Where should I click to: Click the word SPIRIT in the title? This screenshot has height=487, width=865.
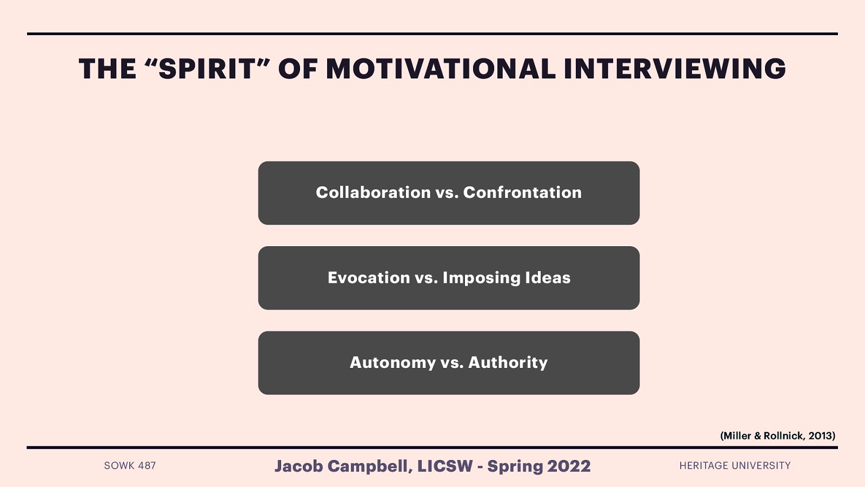point(206,69)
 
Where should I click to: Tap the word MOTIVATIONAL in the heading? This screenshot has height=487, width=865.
point(441,69)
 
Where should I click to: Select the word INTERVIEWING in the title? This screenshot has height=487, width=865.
point(674,69)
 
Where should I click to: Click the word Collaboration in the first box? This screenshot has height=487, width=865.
point(373,193)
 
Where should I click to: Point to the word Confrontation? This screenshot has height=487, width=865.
point(522,193)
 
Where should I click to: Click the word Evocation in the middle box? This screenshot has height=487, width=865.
point(369,278)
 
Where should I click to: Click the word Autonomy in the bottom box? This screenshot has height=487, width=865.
point(392,363)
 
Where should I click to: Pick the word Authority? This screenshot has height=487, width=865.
point(508,363)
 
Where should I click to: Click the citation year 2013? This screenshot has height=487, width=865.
point(820,436)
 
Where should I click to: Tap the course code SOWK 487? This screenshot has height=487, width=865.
point(130,465)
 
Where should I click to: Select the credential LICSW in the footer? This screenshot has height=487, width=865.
point(445,466)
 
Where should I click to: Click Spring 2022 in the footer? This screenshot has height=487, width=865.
point(538,466)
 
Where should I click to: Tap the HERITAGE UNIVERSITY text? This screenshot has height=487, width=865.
point(735,465)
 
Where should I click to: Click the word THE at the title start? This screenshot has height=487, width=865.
point(108,69)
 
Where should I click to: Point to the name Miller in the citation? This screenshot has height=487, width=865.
point(737,436)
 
